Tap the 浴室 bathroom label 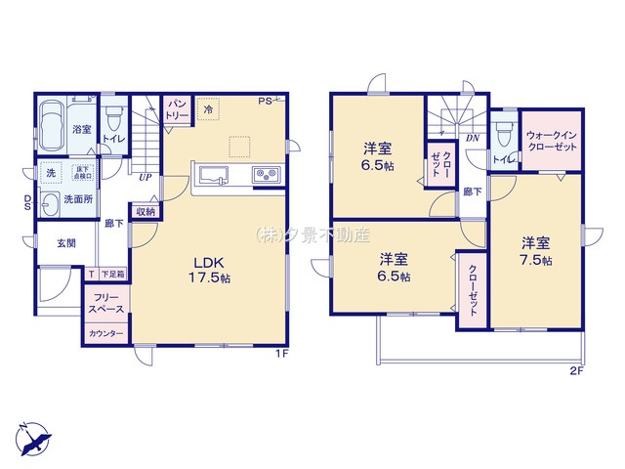(81, 129)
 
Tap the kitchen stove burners (266, 176)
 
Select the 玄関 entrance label (65, 243)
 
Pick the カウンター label (106, 334)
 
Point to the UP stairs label (145, 178)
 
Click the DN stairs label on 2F (472, 139)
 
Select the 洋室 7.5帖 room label (535, 252)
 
